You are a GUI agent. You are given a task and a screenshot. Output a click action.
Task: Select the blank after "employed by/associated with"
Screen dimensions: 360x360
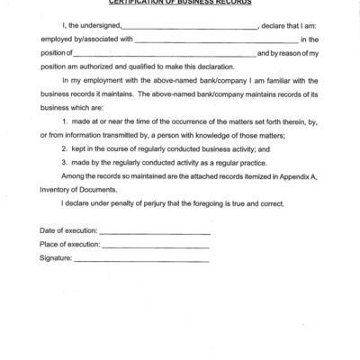[x=216, y=41]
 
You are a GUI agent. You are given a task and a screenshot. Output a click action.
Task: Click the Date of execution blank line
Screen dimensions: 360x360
[x=155, y=234]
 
